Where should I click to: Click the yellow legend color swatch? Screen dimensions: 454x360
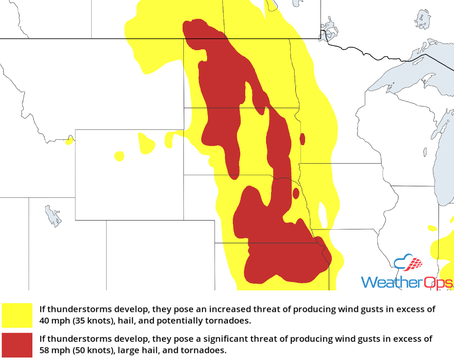coord(17,315)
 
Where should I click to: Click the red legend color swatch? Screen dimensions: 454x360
coord(17,344)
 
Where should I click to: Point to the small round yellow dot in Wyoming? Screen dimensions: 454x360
coord(119,156)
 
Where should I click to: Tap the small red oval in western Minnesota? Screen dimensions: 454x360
coord(303,139)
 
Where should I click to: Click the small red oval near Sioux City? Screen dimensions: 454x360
coord(296,193)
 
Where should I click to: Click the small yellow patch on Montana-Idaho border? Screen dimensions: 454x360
coord(69,141)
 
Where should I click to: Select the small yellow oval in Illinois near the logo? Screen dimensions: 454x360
coord(432,228)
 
